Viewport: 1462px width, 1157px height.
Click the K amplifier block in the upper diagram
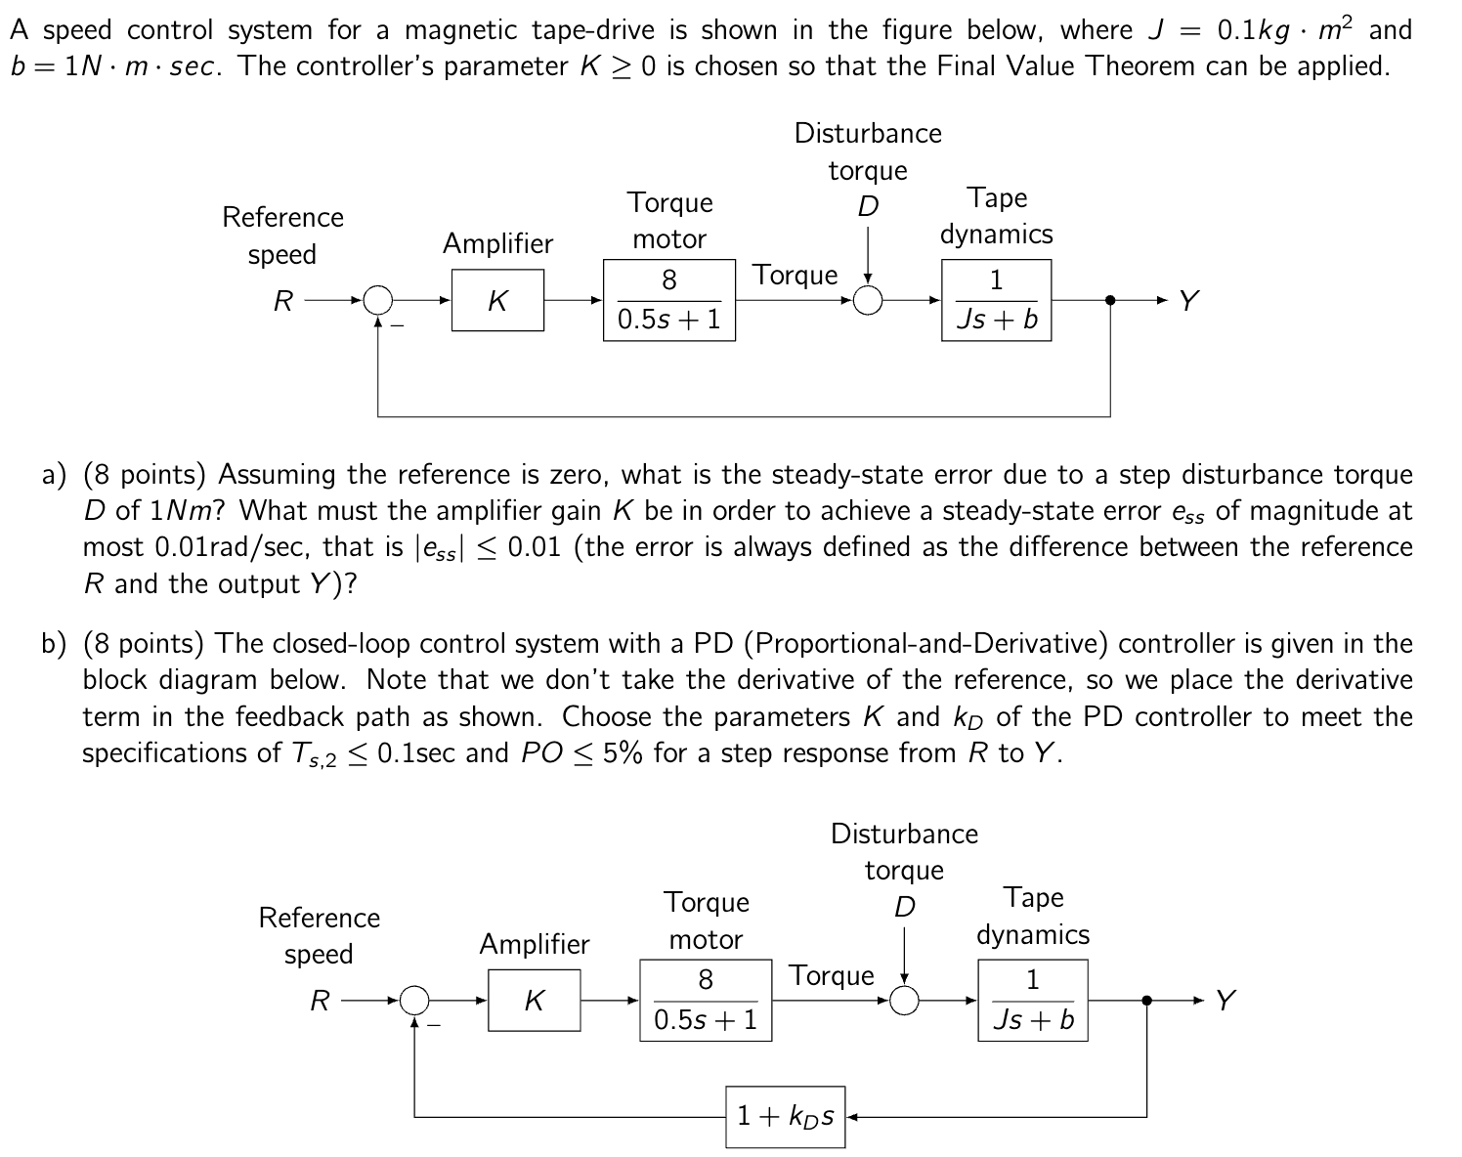(497, 300)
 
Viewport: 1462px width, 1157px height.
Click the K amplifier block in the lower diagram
(534, 1000)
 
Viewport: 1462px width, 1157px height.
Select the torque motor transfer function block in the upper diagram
(669, 300)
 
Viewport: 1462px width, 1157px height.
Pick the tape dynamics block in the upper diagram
(996, 300)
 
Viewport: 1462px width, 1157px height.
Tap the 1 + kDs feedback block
(786, 1115)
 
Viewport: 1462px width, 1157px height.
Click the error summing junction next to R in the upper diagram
(378, 300)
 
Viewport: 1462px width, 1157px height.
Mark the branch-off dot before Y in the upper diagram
(1110, 300)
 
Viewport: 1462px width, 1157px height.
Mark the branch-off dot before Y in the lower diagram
(1146, 1000)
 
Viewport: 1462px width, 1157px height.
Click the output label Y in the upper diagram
(1187, 300)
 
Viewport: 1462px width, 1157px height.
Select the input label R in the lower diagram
(320, 1001)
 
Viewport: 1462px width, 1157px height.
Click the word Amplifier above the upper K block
(497, 243)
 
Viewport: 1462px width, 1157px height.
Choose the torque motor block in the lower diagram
(706, 1000)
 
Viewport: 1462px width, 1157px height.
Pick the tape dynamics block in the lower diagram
(1033, 1000)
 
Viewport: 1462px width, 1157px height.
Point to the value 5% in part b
(623, 753)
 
